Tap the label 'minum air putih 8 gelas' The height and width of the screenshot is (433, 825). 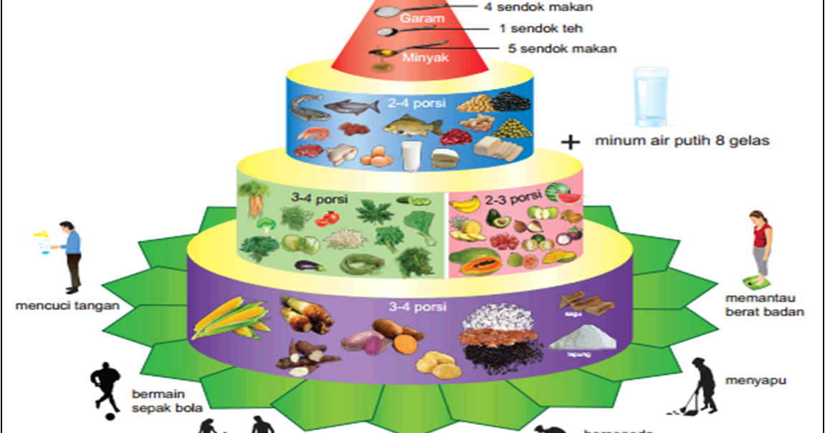pos(682,141)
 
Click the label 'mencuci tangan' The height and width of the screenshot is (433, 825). pos(67,306)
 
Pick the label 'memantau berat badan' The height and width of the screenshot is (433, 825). pos(764,304)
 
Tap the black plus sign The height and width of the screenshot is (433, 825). pos(571,142)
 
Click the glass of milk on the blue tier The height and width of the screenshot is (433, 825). pos(411,155)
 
